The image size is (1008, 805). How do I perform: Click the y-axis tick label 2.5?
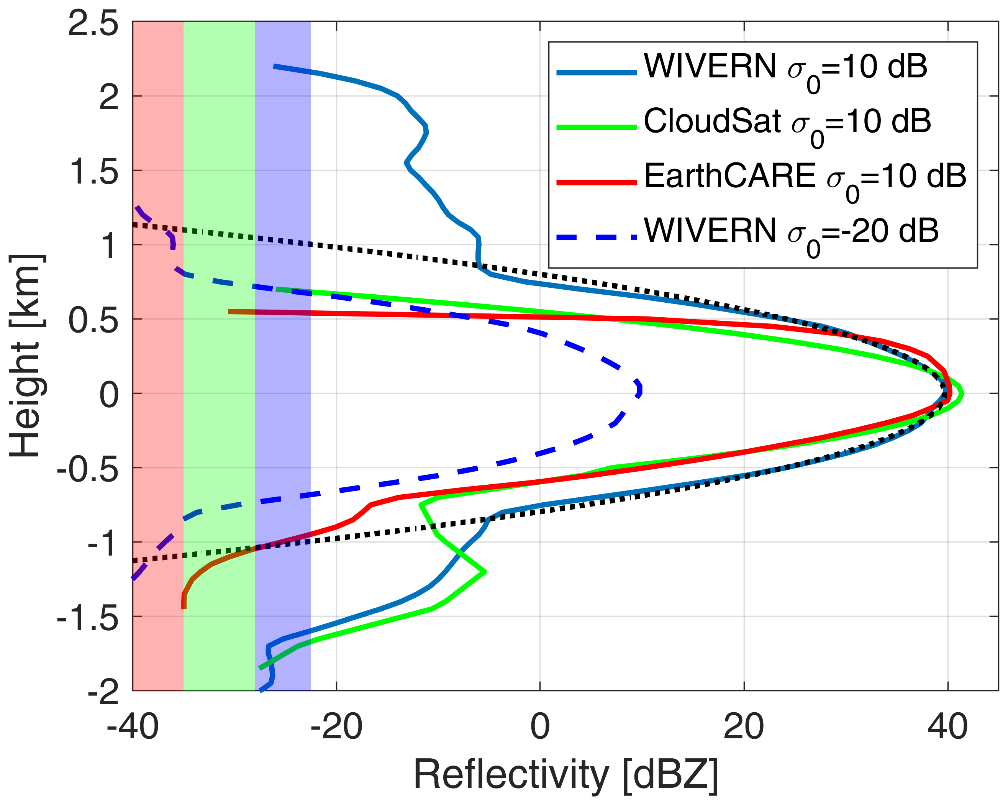[93, 24]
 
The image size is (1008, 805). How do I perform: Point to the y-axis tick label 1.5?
[93, 172]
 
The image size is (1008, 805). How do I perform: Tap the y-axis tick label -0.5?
[87, 469]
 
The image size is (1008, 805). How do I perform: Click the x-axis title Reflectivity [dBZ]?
[566, 776]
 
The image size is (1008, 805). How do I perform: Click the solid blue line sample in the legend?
[597, 72]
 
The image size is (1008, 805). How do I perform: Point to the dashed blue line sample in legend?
[597, 238]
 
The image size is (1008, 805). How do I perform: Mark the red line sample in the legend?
[597, 183]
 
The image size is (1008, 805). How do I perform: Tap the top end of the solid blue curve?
[274, 66]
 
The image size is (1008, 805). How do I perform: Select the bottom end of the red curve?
[184, 608]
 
